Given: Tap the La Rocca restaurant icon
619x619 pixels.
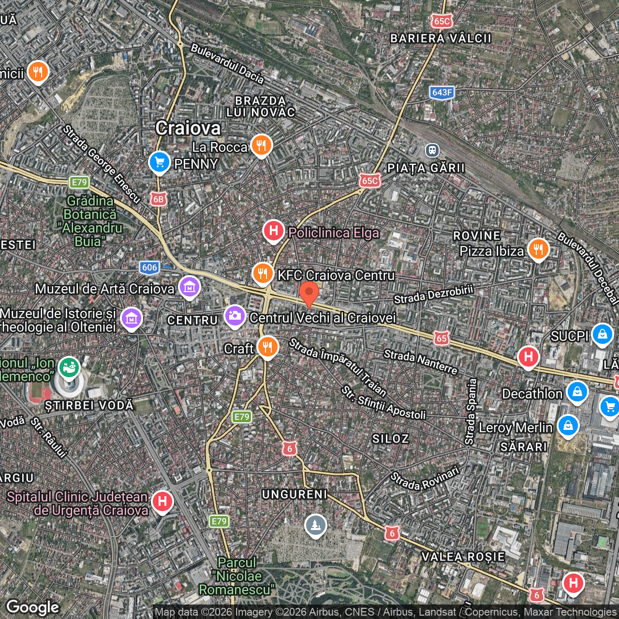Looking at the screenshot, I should click(261, 145).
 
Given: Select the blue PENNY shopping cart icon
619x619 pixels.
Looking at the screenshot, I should click(159, 162).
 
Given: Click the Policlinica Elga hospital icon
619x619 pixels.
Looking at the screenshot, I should click(273, 231).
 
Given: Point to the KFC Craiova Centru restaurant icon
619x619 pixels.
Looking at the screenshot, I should click(263, 274).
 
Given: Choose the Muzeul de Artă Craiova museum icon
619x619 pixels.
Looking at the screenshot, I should click(189, 287).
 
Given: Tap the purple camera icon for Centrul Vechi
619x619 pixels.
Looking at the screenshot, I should click(235, 316).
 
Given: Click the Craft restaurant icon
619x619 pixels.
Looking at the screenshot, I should click(267, 347).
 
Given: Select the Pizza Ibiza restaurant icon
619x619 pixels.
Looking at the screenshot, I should click(538, 250).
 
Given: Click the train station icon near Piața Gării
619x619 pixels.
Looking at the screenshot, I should click(432, 150).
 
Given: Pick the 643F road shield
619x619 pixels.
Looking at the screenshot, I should click(442, 92).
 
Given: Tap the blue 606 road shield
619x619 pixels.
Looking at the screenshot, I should click(149, 267).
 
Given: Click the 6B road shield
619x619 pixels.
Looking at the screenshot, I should click(158, 199).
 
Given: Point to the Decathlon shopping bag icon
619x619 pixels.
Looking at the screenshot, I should click(577, 392).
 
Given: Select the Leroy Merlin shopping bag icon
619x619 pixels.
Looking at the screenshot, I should click(568, 426).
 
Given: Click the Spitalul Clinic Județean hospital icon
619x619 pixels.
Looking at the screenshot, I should click(162, 501).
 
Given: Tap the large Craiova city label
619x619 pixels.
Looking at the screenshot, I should click(188, 128).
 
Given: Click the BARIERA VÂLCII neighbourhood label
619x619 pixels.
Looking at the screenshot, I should click(441, 38).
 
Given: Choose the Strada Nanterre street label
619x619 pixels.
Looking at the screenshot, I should click(420, 362).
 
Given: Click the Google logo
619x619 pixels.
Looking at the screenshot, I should click(33, 607).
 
